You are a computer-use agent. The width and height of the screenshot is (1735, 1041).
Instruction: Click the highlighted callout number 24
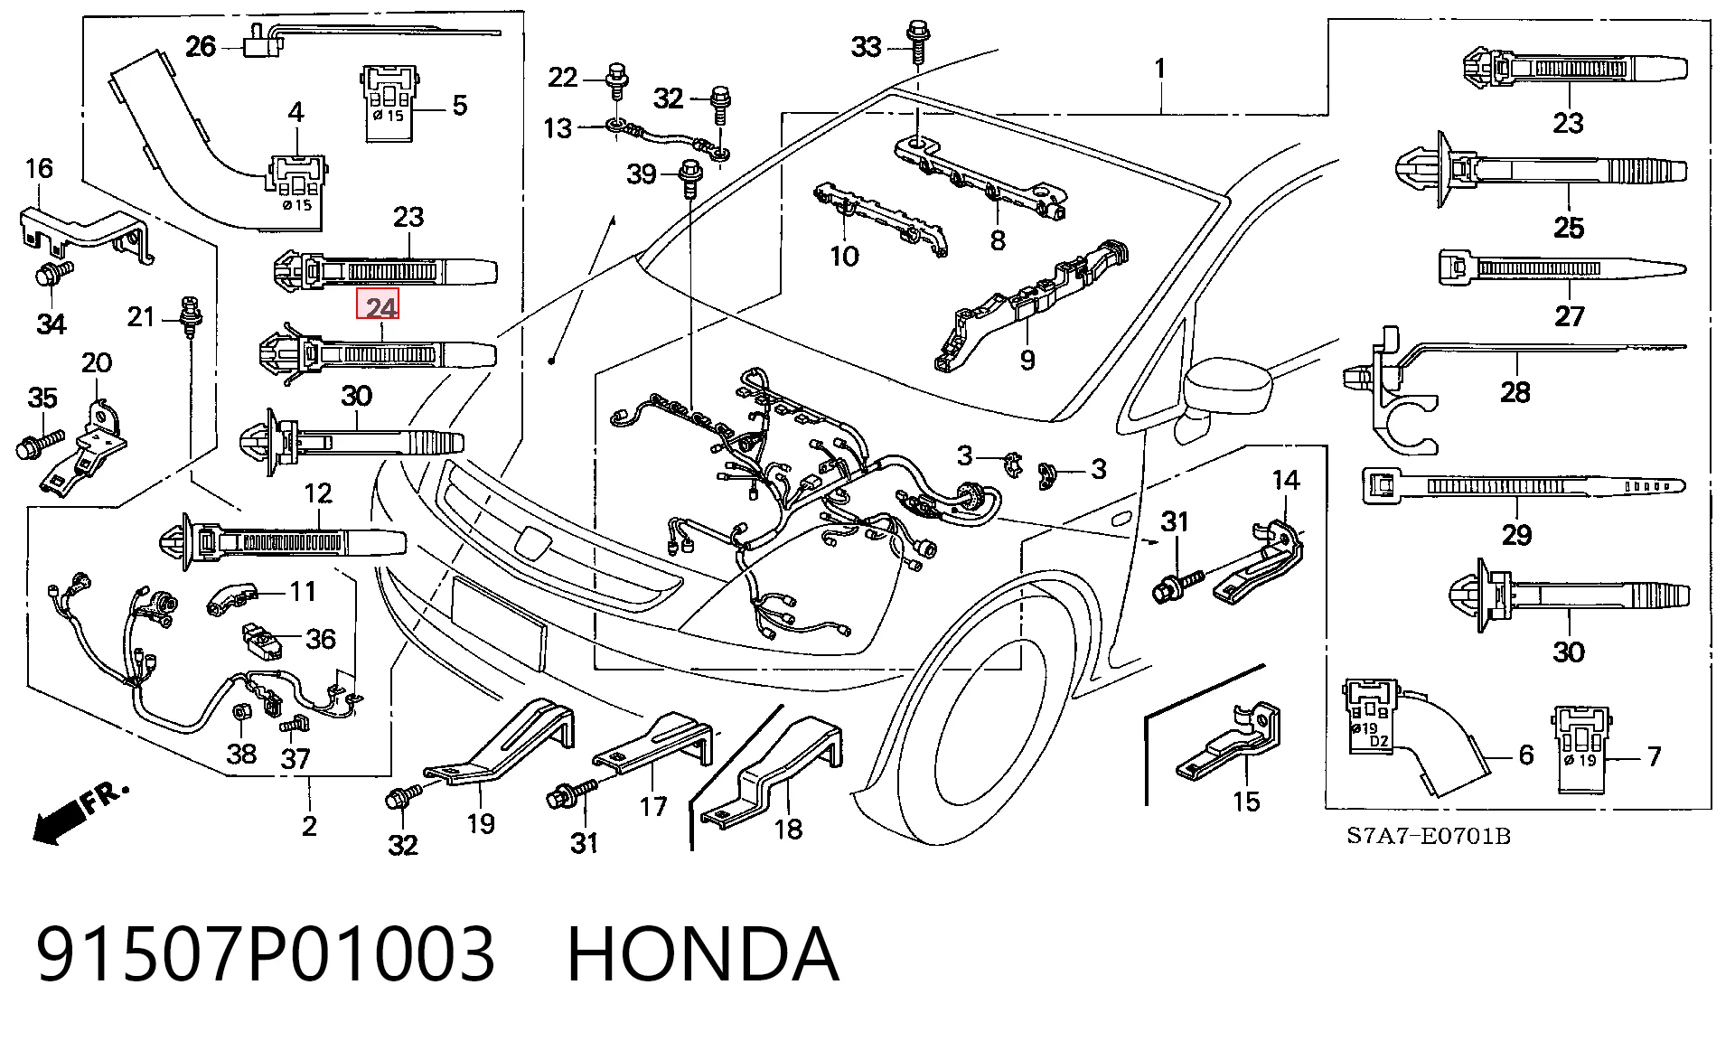click(x=379, y=307)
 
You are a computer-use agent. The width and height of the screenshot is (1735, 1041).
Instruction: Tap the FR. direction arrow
click(x=80, y=814)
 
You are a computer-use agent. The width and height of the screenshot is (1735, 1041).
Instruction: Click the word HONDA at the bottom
click(x=703, y=955)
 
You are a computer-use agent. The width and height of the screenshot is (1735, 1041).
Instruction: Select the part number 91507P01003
click(x=266, y=955)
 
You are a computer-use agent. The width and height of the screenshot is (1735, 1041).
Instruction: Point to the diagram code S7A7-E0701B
click(x=1429, y=836)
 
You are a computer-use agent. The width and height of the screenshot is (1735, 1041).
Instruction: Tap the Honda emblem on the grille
click(x=528, y=542)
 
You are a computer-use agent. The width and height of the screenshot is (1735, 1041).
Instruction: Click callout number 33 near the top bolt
click(x=866, y=46)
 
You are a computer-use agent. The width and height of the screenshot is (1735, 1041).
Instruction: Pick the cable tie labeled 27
click(x=1562, y=268)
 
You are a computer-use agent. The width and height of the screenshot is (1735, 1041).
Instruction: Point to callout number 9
click(x=1027, y=360)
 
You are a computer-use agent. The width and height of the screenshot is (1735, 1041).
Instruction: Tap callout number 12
click(x=318, y=493)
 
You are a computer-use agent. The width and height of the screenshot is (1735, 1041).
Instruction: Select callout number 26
click(x=201, y=45)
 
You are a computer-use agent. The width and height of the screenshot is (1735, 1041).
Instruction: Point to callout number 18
click(x=788, y=829)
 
